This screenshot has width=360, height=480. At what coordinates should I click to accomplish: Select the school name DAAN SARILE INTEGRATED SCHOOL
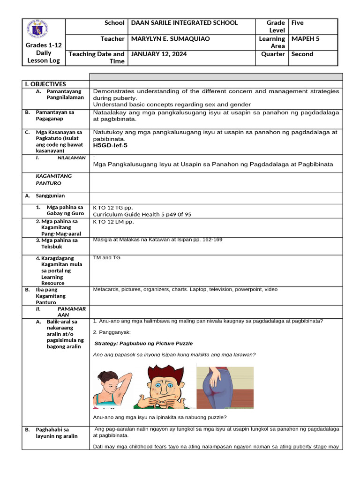(x=184, y=23)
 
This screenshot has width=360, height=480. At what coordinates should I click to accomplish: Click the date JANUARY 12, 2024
(x=159, y=54)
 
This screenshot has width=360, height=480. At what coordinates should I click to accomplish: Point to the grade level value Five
(x=298, y=23)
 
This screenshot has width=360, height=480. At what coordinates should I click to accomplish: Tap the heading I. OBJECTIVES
(x=45, y=84)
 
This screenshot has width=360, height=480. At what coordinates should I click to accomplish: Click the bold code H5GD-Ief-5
(x=110, y=145)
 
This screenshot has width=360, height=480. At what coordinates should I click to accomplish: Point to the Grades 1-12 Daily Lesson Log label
(x=43, y=53)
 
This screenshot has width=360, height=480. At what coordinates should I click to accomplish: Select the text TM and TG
(x=104, y=258)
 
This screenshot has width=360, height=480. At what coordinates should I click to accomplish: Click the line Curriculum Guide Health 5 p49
(x=142, y=215)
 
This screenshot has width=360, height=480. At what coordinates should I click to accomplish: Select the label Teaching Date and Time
(x=97, y=58)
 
